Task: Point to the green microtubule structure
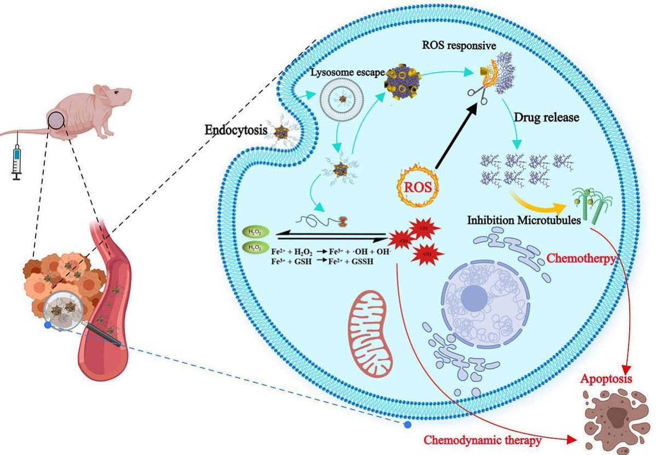click(x=591, y=205)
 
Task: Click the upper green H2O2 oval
click(x=255, y=232)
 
